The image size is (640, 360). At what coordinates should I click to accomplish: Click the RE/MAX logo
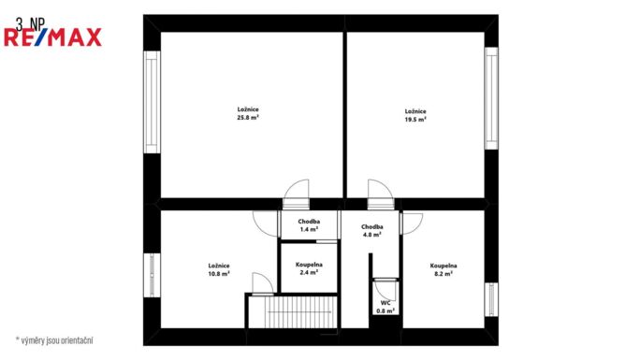click(53, 37)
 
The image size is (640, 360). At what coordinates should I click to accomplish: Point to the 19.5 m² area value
click(415, 120)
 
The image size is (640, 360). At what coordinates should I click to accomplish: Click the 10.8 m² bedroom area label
click(219, 274)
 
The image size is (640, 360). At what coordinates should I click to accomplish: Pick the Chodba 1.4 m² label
click(309, 225)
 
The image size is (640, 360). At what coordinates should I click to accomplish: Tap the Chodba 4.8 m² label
click(371, 231)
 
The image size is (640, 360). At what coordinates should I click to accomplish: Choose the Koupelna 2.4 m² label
click(309, 270)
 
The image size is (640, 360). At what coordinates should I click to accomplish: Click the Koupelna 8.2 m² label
click(443, 270)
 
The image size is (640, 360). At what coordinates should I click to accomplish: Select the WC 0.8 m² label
click(385, 307)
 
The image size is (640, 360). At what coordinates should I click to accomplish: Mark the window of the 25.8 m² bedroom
click(150, 102)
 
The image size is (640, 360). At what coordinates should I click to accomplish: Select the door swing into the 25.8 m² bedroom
click(297, 190)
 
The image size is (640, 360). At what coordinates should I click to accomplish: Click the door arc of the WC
click(384, 287)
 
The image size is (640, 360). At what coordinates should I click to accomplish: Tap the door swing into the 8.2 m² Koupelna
click(411, 222)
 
